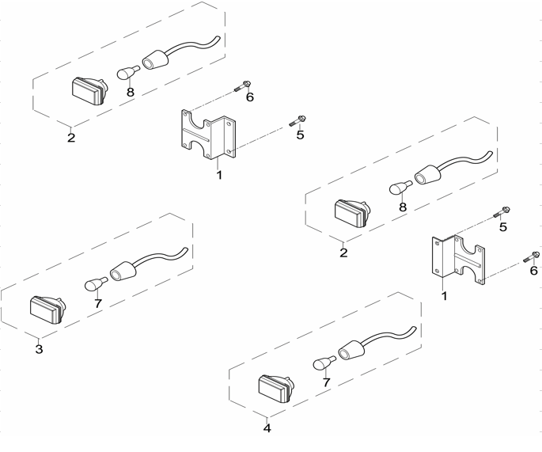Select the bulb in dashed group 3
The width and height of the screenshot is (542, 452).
pos(95,285)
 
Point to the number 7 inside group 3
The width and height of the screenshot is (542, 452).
pos(97,303)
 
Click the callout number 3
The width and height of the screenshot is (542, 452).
pos(39,349)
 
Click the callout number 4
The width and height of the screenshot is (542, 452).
pos(267,428)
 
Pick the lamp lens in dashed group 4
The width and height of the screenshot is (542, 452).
pos(274,388)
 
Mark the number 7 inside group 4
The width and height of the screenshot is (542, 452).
pos(325,382)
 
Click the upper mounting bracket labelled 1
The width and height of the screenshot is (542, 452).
pos(207,133)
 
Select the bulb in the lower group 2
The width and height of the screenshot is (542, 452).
pos(400,188)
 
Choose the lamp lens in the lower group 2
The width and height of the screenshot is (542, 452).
pos(350,214)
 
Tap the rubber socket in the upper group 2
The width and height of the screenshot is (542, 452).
pos(157,59)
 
